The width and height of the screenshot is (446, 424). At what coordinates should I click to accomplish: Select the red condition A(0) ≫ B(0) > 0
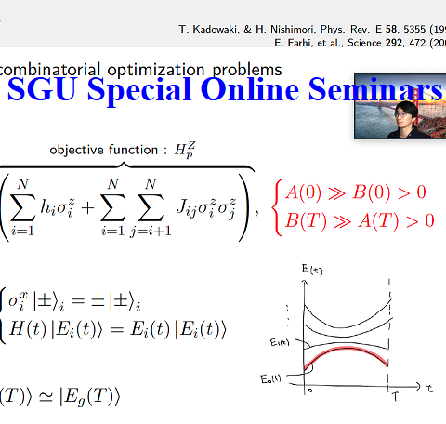tap(355, 192)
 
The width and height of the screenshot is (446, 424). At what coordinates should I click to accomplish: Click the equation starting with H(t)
tap(116, 328)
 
